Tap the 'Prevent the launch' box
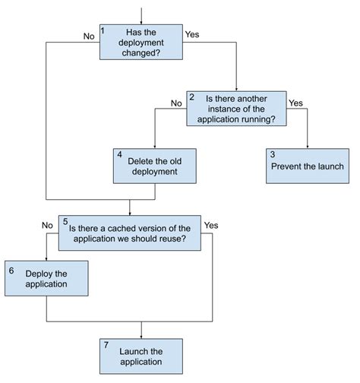pyautogui.click(x=307, y=165)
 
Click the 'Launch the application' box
pyautogui.click(x=141, y=356)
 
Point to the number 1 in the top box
pyautogui.click(x=103, y=29)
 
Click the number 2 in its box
pyautogui.click(x=191, y=97)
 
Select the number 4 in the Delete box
pyautogui.click(x=119, y=154)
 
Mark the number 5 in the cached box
pyautogui.click(x=65, y=221)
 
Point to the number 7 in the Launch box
pyautogui.click(x=106, y=345)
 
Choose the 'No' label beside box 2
pyautogui.click(x=176, y=103)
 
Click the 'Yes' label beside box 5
pyautogui.click(x=211, y=225)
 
